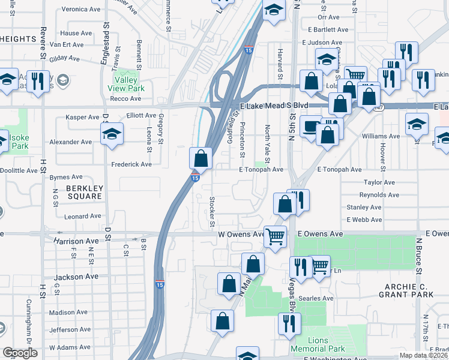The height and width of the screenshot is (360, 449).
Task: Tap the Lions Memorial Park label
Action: [318, 344]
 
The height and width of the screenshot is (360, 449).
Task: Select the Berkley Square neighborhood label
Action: [85, 192]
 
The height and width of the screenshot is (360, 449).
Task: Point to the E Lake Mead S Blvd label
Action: [274, 105]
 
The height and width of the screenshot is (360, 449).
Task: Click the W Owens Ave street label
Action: [241, 234]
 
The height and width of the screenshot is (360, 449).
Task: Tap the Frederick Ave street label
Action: [131, 164]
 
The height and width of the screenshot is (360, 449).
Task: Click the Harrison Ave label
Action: [76, 241]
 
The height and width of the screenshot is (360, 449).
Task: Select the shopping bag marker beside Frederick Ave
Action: [201, 158]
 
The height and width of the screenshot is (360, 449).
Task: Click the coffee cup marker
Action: [311, 127]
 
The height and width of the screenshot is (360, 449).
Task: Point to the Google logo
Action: [20, 353]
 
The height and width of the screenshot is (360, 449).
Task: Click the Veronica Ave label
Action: [80, 10]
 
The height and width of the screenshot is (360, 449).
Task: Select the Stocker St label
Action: [212, 212]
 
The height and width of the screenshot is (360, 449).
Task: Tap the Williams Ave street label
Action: [381, 136]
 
